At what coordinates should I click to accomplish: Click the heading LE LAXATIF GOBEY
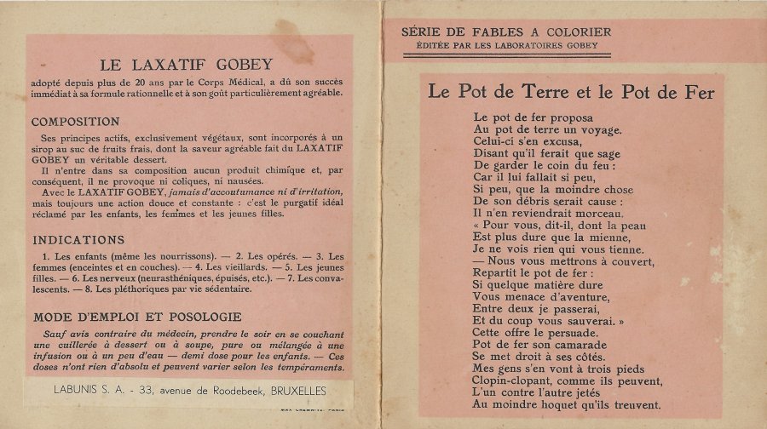[186, 64]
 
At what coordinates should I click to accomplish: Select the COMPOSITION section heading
[77, 121]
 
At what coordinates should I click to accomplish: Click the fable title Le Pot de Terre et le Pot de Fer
[570, 92]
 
